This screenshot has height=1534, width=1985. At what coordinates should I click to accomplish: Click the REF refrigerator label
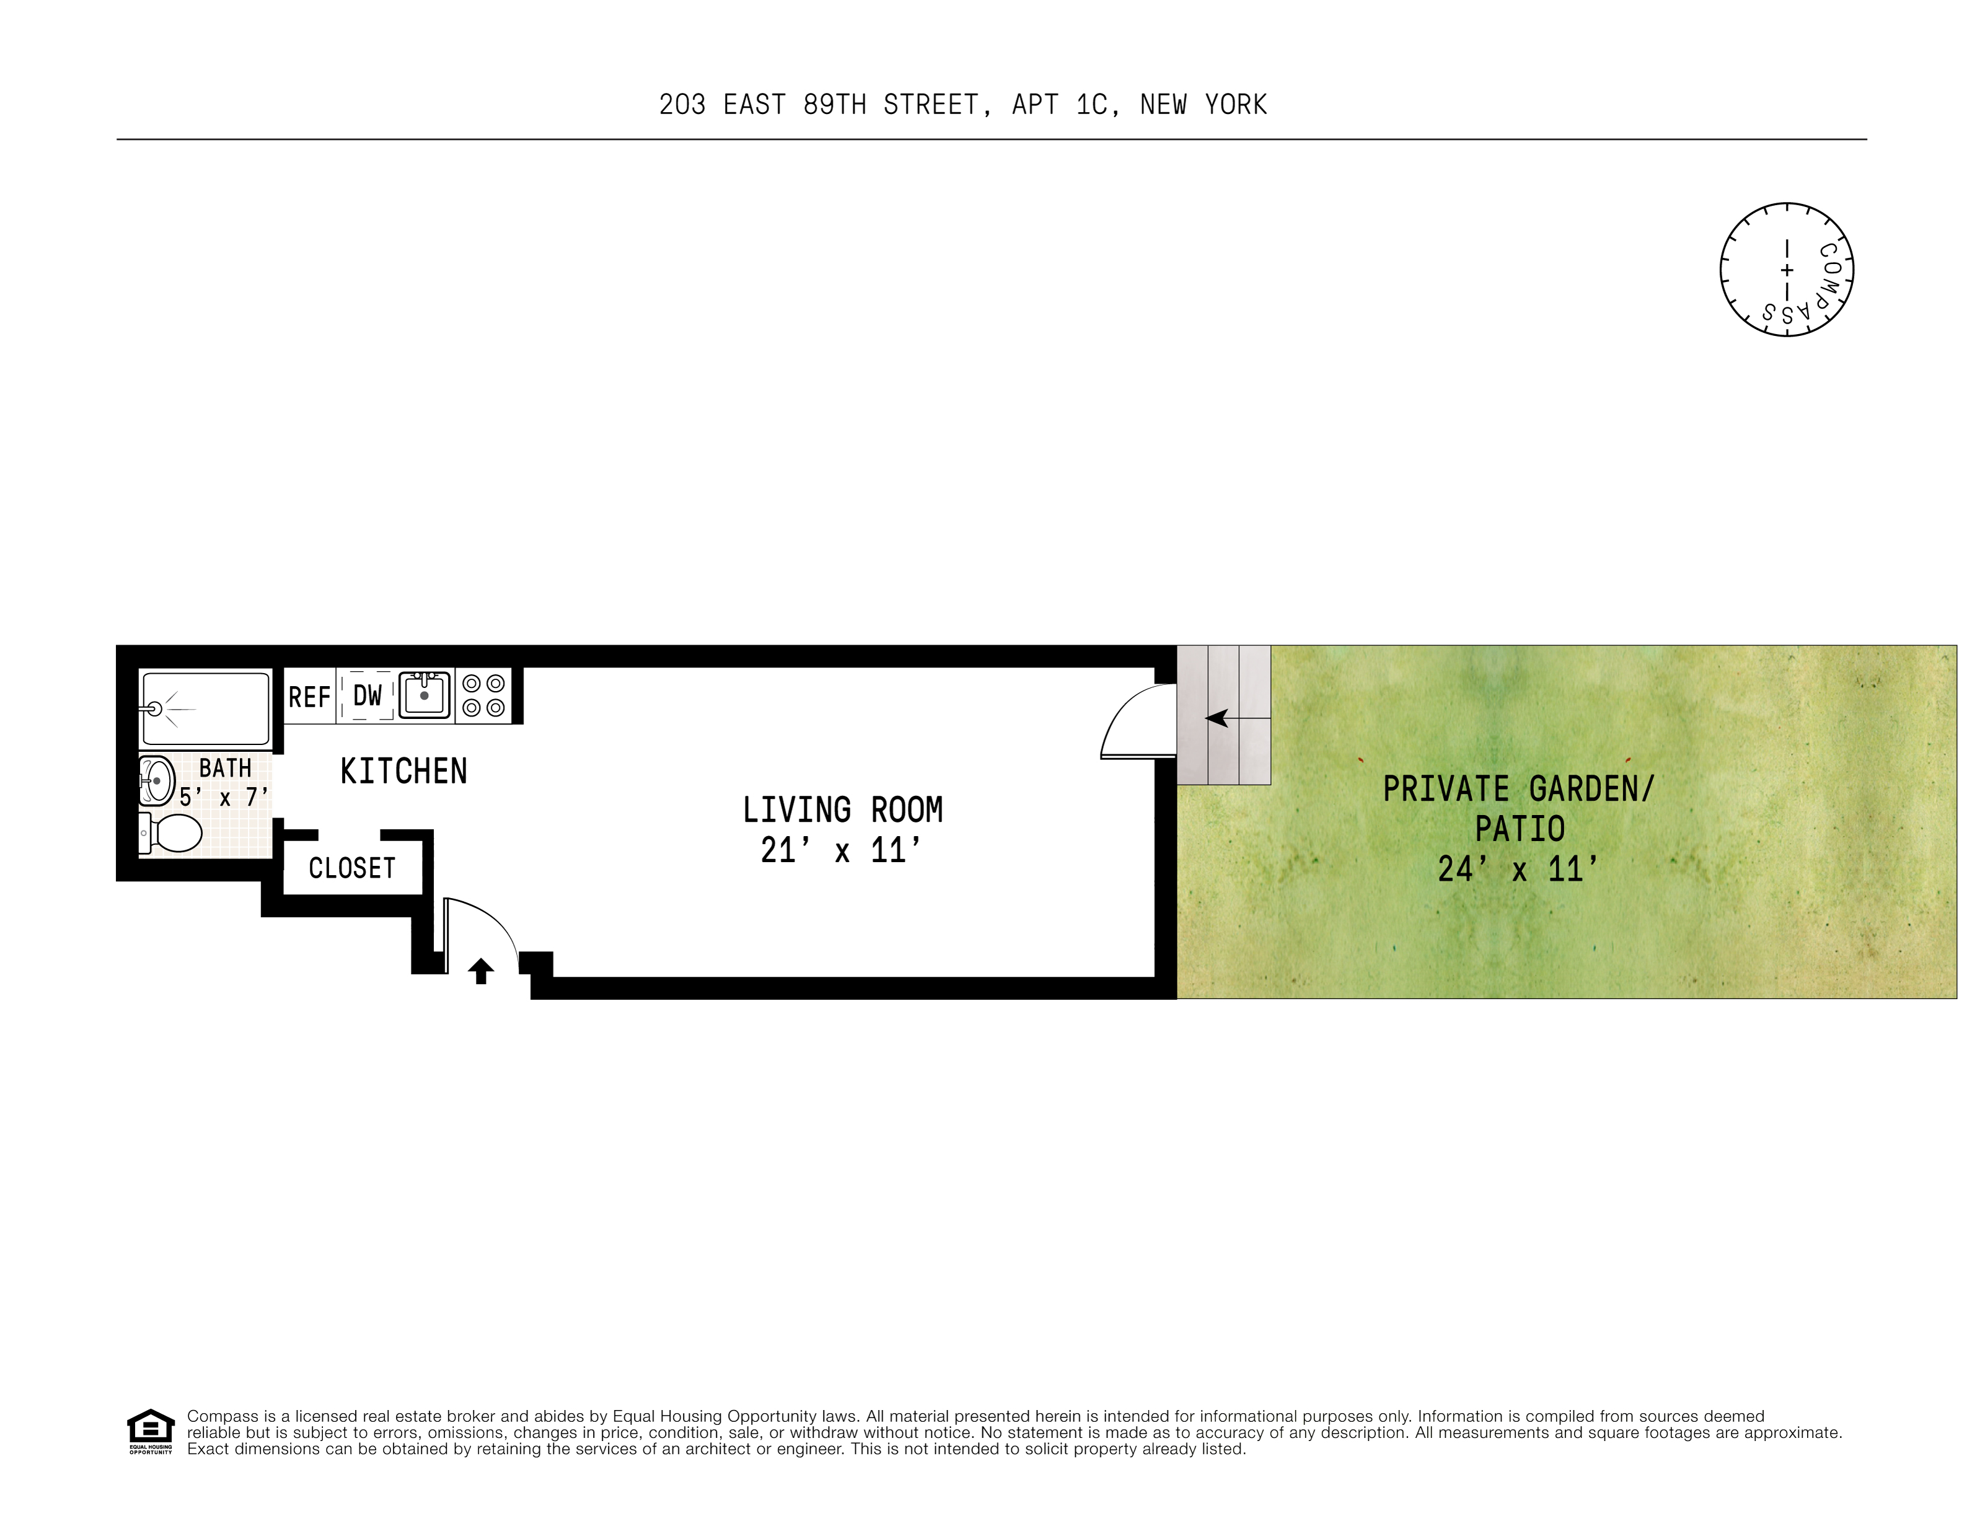pos(309,697)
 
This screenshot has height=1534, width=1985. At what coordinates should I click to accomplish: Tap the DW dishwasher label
pos(367,696)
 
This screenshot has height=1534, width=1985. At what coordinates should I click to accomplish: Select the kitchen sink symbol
pos(425,695)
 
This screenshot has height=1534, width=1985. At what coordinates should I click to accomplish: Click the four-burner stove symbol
pos(483,695)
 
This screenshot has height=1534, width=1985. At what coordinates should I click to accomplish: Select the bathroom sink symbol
pos(157,780)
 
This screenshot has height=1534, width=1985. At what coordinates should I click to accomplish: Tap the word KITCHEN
pos(403,772)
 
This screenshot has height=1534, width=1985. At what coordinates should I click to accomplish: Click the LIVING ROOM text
pos(843,809)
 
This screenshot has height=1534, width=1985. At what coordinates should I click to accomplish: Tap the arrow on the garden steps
pos(1217,718)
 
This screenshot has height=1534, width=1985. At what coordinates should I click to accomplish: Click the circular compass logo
pos(1786,270)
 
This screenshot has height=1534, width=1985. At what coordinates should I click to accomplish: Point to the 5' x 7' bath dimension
pos(224,797)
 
